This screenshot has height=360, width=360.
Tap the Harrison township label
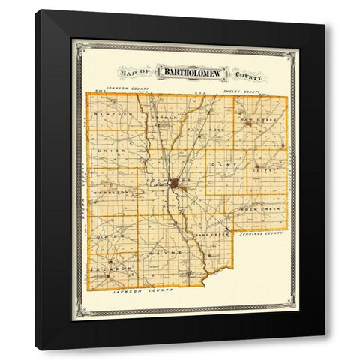point(106,192)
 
